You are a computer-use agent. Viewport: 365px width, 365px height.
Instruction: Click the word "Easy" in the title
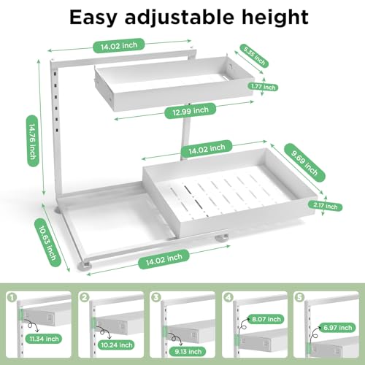pyautogui.click(x=93, y=18)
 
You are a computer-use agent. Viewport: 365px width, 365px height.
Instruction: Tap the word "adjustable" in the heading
pyautogui.click(x=180, y=17)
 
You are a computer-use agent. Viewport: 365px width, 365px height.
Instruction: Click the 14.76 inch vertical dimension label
pyautogui.click(x=33, y=141)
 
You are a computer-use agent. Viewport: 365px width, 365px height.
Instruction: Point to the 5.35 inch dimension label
pyautogui.click(x=254, y=55)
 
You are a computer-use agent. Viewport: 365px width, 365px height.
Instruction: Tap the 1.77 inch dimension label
pyautogui.click(x=263, y=87)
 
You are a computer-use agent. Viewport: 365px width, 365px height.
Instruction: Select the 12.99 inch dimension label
pyautogui.click(x=191, y=111)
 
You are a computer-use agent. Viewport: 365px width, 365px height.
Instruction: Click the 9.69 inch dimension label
pyautogui.click(x=304, y=162)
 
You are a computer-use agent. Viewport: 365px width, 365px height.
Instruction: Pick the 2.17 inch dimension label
pyautogui.click(x=326, y=206)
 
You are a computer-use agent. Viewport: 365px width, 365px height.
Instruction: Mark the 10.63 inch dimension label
pyautogui.click(x=47, y=242)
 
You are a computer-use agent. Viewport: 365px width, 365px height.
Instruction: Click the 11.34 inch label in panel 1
pyautogui.click(x=44, y=339)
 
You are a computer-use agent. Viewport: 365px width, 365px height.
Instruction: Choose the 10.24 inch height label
pyautogui.click(x=116, y=345)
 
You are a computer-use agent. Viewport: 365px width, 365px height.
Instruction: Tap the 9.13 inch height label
pyautogui.click(x=188, y=352)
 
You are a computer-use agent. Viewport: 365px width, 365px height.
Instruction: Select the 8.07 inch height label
pyautogui.click(x=266, y=319)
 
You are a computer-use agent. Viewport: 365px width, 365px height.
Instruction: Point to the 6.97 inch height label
pyautogui.click(x=337, y=328)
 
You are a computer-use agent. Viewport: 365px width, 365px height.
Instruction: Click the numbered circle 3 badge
pyautogui.click(x=156, y=297)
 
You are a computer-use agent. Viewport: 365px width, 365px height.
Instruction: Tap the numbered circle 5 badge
pyautogui.click(x=300, y=297)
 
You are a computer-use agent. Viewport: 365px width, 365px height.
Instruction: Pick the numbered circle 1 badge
pyautogui.click(x=12, y=297)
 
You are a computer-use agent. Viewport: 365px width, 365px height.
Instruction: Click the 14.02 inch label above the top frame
pyautogui.click(x=119, y=45)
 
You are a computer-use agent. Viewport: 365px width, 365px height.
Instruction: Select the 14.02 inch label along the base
pyautogui.click(x=164, y=259)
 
